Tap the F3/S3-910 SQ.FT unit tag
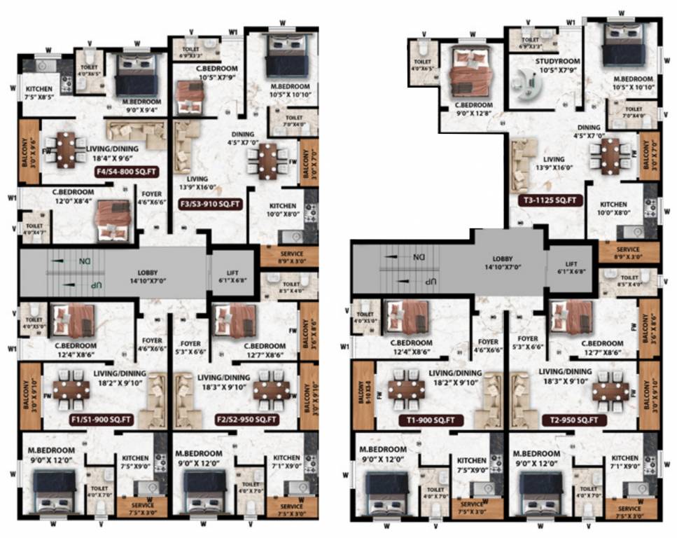click(211, 205)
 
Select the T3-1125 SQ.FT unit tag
click(550, 200)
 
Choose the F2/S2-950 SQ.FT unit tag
click(249, 420)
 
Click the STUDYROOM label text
click(556, 61)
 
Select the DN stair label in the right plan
click(418, 257)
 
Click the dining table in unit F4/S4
click(64, 149)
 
